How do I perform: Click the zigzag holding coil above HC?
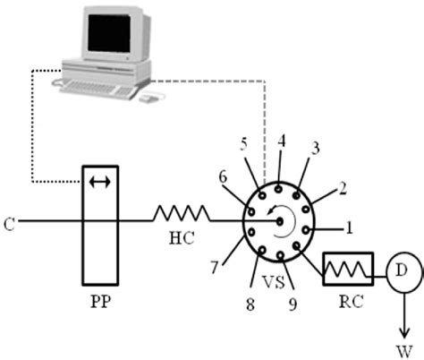(182, 214)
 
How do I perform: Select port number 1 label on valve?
(351, 227)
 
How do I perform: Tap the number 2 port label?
(341, 189)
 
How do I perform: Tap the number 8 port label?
(250, 304)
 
